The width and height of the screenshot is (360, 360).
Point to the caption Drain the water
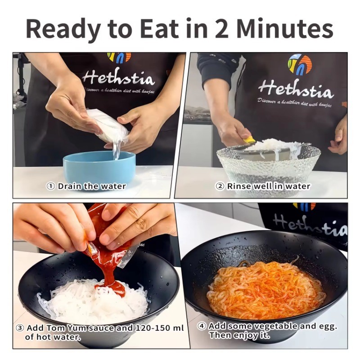point(92,186)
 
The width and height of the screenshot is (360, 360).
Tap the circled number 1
point(51,186)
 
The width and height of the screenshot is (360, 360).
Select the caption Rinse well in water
point(268,186)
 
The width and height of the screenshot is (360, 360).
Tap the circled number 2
point(220,186)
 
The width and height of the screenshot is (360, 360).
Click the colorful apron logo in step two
point(299,64)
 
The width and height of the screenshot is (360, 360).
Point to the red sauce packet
point(108,252)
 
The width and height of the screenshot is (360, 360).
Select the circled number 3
point(20,328)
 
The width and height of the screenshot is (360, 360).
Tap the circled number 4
point(202,326)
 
